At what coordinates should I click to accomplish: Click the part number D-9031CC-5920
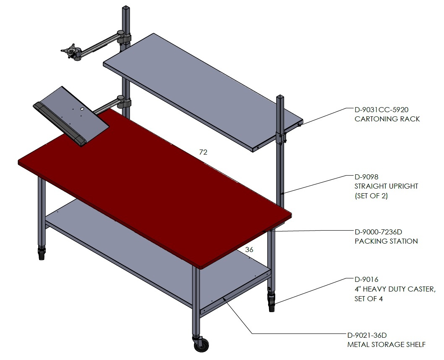click(x=381, y=109)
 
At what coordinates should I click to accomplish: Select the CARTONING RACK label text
click(x=387, y=119)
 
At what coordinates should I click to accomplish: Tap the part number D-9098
click(x=366, y=177)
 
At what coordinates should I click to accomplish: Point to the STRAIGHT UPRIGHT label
click(x=386, y=186)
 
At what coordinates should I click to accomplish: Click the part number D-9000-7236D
click(x=378, y=232)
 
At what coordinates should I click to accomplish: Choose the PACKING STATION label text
click(x=386, y=241)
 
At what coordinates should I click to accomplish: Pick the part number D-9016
click(x=366, y=279)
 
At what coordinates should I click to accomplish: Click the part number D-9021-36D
click(x=367, y=335)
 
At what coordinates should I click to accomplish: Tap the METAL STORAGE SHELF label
click(x=386, y=345)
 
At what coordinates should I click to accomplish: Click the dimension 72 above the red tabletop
click(x=203, y=152)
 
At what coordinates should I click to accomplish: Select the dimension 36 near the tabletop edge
click(x=249, y=250)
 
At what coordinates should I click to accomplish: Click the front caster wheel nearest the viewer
click(x=201, y=344)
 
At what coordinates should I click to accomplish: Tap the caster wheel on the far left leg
click(x=42, y=254)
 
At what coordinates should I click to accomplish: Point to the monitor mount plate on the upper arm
click(x=71, y=51)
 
